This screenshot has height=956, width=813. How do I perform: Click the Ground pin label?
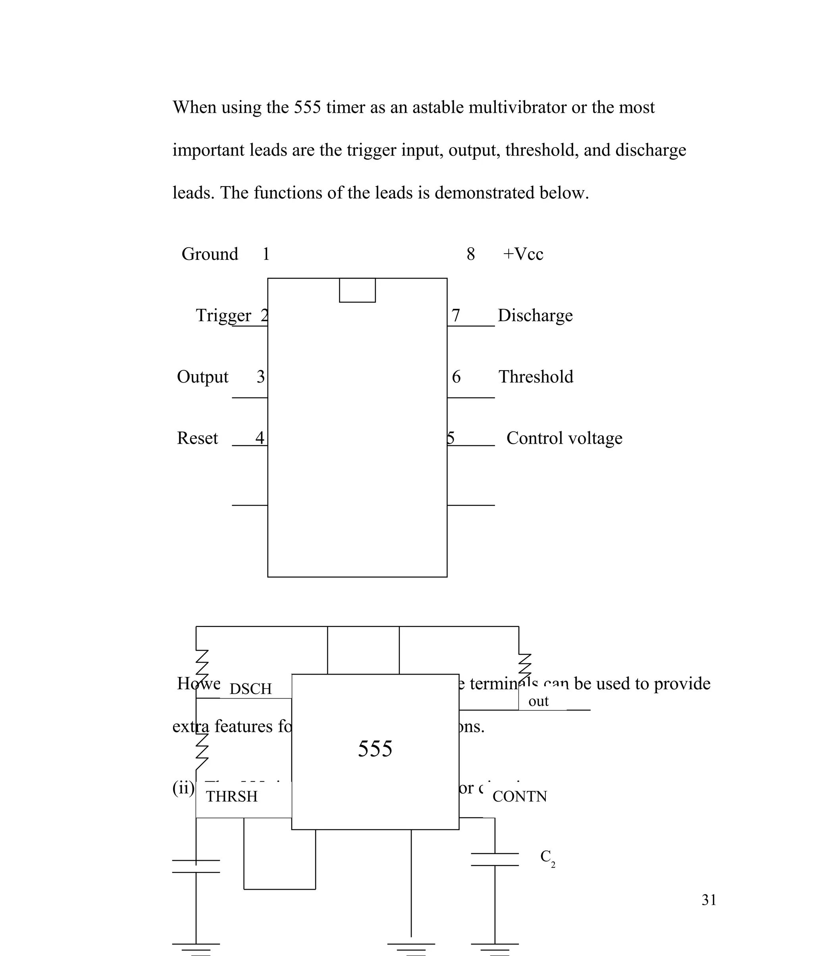tap(210, 254)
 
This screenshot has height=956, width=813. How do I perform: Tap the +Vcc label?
tap(523, 254)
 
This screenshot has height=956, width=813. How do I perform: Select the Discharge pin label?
tap(535, 315)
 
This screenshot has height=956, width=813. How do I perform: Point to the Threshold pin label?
tap(536, 377)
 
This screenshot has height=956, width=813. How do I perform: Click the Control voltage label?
tap(564, 438)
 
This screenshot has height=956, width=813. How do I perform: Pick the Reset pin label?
tap(197, 438)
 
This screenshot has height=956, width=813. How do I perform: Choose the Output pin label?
tap(202, 377)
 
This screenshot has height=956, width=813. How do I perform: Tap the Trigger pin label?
tap(223, 315)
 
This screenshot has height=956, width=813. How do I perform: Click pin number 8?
tap(470, 254)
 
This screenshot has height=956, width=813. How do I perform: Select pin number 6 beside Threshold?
tap(456, 377)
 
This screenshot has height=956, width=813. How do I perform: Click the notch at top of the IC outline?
tap(357, 290)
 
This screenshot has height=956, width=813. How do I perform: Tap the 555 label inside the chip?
tap(375, 749)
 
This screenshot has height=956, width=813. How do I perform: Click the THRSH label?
tap(231, 796)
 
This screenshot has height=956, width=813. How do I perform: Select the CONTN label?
tap(519, 796)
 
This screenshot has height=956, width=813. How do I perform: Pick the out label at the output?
tap(538, 701)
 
